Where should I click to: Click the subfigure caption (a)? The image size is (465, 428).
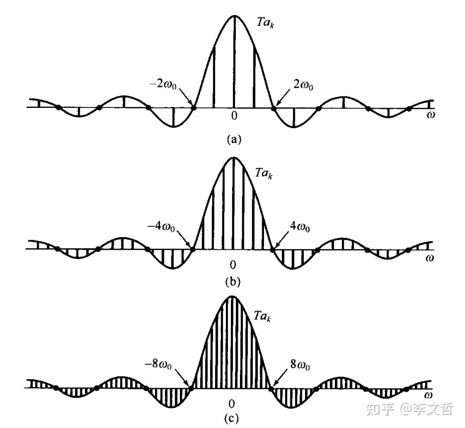click(x=233, y=139)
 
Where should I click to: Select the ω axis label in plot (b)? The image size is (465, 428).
click(x=430, y=258)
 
